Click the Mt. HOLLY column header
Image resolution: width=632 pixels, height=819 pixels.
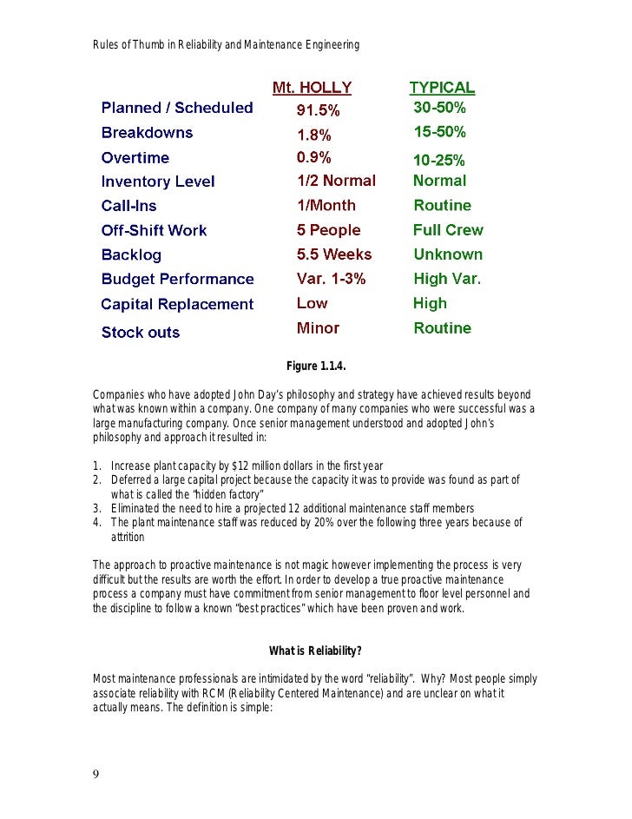click(312, 88)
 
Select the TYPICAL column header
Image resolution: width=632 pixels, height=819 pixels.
click(442, 88)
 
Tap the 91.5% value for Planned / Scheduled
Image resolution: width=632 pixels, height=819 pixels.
click(319, 110)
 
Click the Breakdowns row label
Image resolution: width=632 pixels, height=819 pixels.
click(147, 133)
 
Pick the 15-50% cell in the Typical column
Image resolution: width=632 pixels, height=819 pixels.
click(439, 133)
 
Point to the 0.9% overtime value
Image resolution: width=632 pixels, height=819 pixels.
click(313, 158)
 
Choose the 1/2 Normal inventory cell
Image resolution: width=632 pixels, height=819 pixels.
click(336, 181)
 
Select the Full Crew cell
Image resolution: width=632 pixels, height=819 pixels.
click(448, 230)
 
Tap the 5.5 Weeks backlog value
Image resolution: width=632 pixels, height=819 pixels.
click(333, 254)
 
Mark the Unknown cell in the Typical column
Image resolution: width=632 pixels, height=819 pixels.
click(448, 254)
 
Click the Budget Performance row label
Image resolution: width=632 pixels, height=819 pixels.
click(177, 280)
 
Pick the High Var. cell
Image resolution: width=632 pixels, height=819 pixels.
click(446, 280)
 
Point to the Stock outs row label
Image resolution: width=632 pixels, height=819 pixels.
click(141, 333)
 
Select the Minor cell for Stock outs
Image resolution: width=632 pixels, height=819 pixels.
click(318, 328)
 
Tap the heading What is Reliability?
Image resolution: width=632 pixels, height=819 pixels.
click(315, 651)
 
